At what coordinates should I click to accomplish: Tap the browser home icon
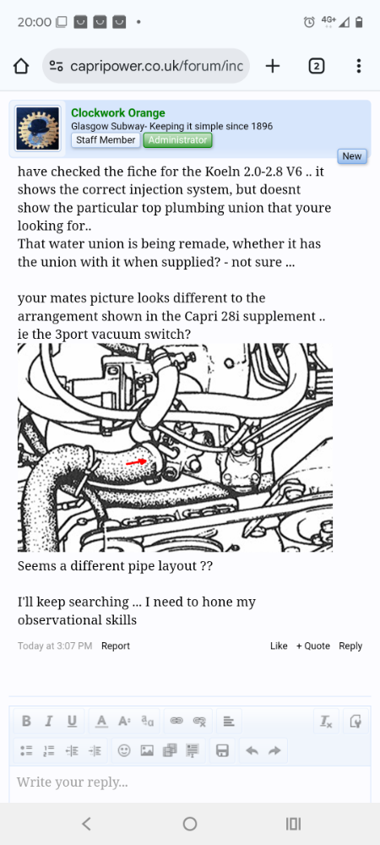[x=22, y=66]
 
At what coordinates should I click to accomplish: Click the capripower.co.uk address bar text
[x=152, y=66]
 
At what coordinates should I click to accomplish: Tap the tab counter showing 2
[x=317, y=66]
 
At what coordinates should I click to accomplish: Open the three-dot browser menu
[x=359, y=66]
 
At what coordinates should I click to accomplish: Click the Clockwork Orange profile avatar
[x=38, y=128]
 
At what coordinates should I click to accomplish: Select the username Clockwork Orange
[x=117, y=113]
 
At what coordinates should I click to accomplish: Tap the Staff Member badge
[x=106, y=140]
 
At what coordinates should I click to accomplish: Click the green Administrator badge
[x=177, y=140]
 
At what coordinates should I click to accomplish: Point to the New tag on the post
[x=351, y=156]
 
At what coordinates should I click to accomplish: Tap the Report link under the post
[x=116, y=646]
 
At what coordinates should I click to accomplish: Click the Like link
[x=279, y=646]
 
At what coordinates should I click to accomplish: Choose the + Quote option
[x=312, y=646]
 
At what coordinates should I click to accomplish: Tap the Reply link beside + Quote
[x=350, y=646]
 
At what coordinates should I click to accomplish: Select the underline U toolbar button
[x=72, y=721]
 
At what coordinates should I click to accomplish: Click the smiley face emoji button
[x=124, y=750]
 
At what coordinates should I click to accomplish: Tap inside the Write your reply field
[x=190, y=782]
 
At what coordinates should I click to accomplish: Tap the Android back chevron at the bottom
[x=86, y=824]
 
